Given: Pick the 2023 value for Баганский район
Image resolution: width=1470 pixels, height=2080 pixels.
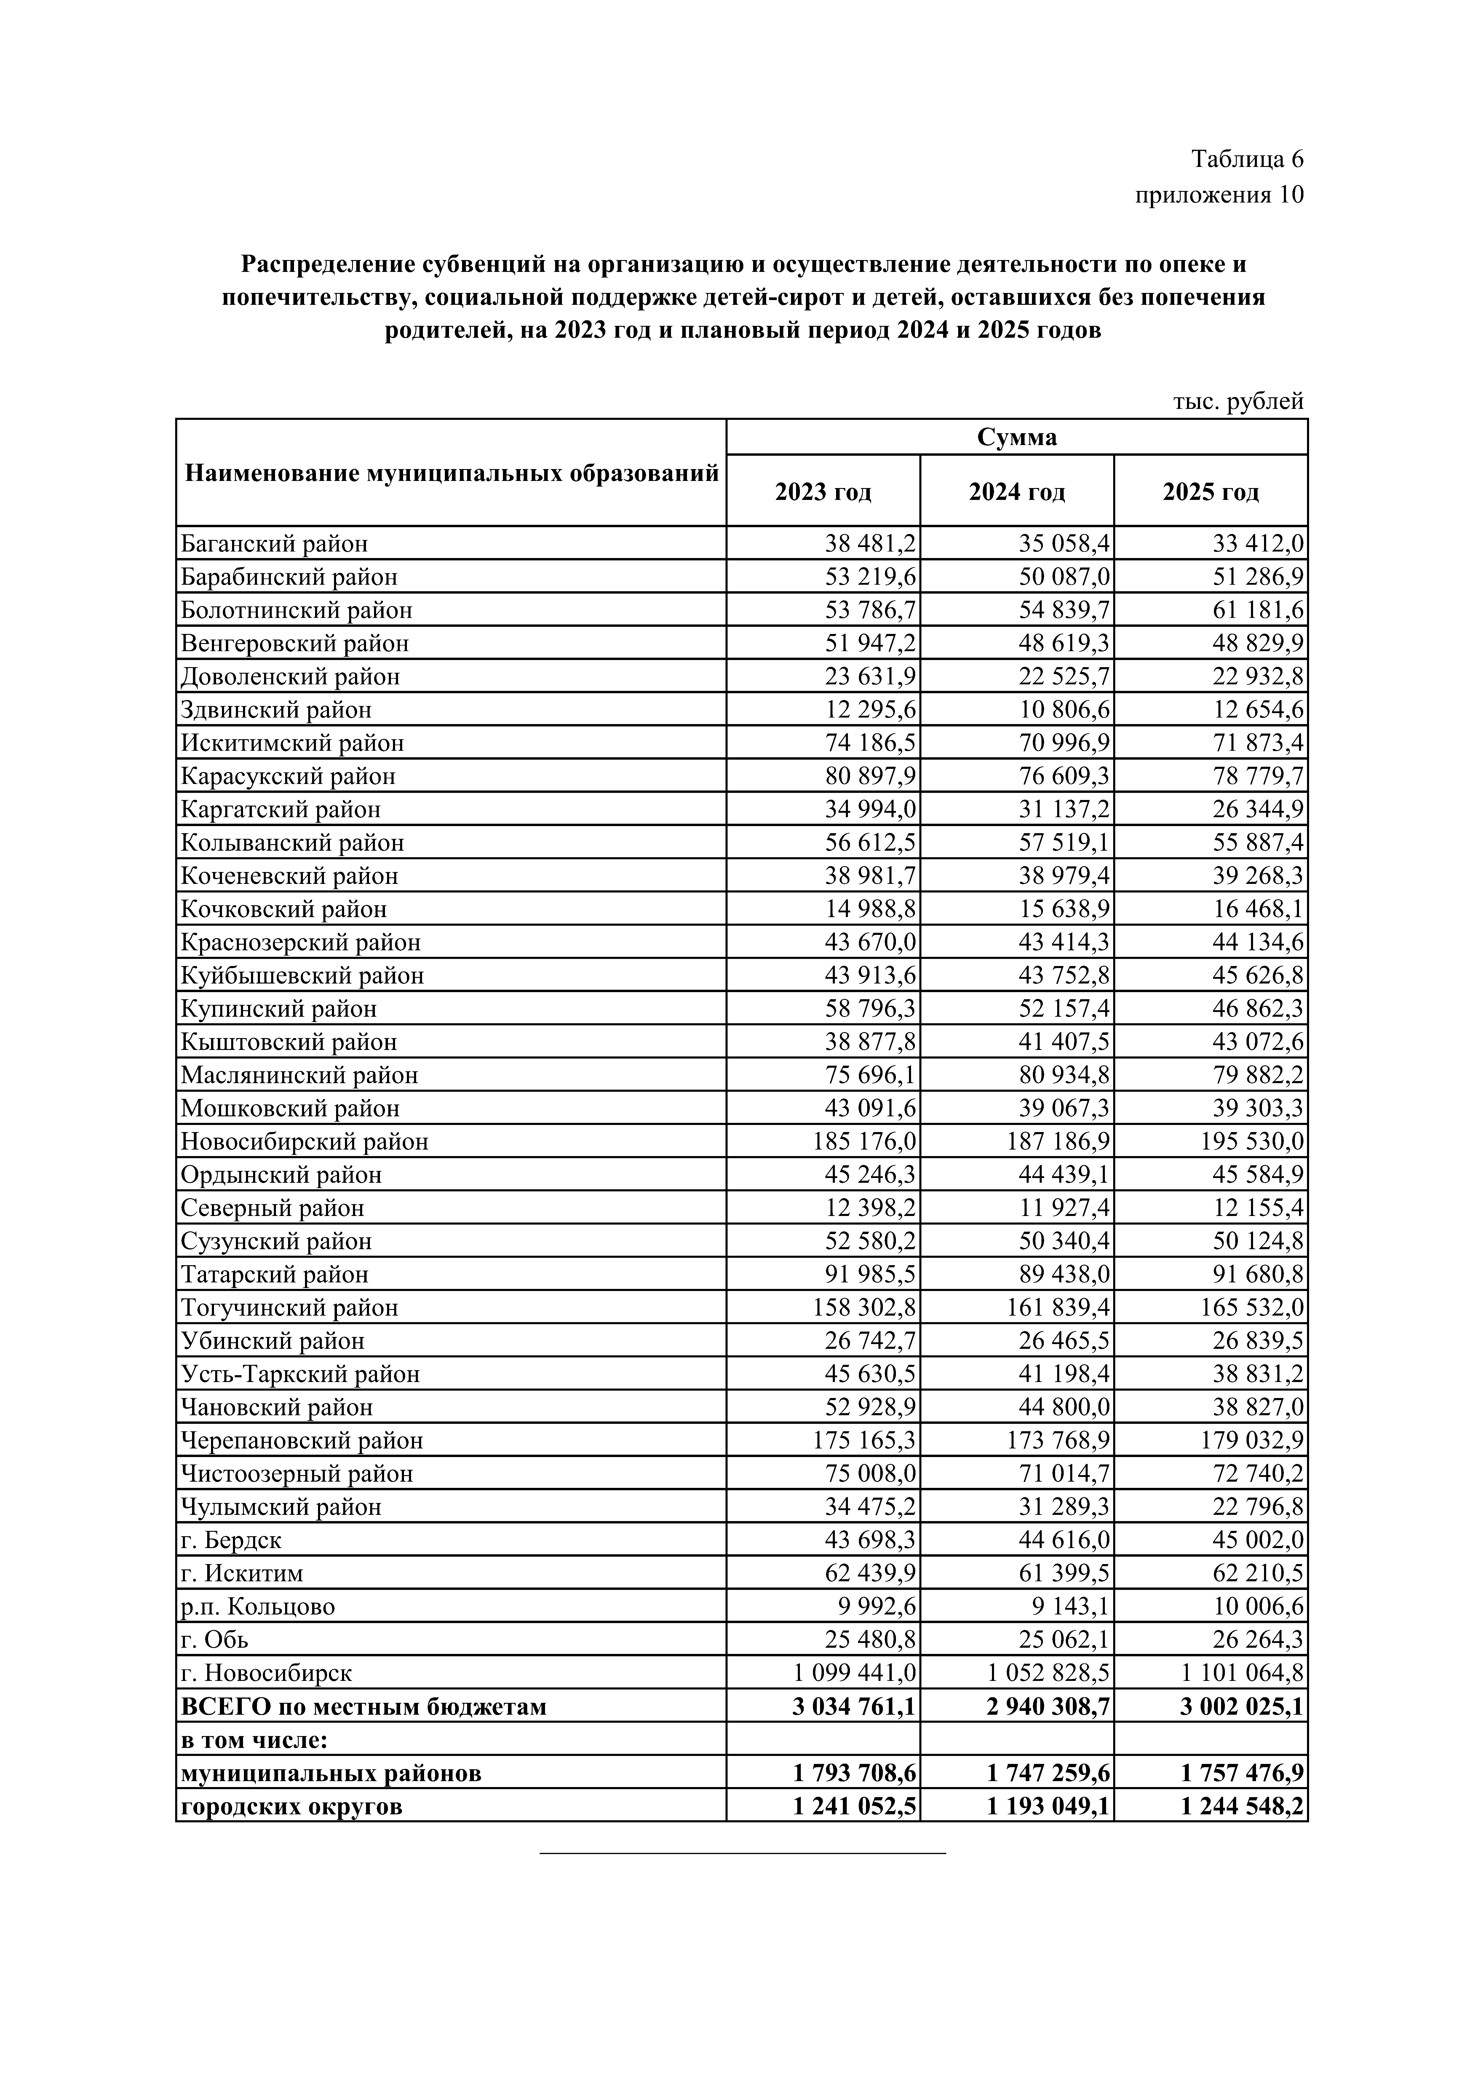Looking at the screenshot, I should [870, 543].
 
